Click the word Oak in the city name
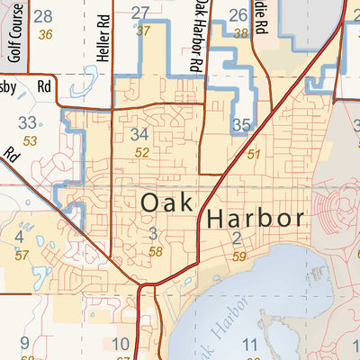click(x=166, y=203)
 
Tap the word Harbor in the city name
click(x=256, y=219)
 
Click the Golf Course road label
click(x=14, y=40)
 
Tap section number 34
click(x=139, y=135)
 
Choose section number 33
click(x=29, y=123)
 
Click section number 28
click(x=42, y=15)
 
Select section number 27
click(x=139, y=13)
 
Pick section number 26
click(x=238, y=14)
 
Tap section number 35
click(x=240, y=125)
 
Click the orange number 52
click(x=142, y=153)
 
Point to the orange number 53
click(x=31, y=141)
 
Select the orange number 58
click(x=156, y=252)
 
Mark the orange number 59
click(x=238, y=256)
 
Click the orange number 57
click(x=22, y=256)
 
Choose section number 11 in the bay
click(x=249, y=345)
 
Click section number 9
click(x=24, y=342)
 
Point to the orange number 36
click(x=46, y=34)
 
